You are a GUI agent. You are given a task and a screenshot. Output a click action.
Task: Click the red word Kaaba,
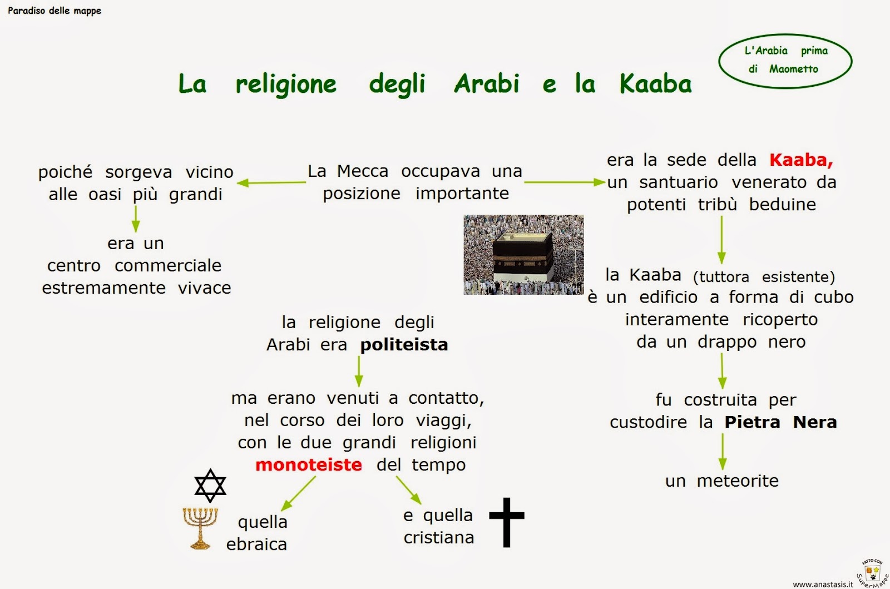click(x=801, y=160)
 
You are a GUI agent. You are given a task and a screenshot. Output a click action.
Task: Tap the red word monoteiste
click(x=309, y=464)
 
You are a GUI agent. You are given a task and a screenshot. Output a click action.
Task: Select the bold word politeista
click(x=404, y=345)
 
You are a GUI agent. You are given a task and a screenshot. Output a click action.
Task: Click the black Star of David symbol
click(x=210, y=486)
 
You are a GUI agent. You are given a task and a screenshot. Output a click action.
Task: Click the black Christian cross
click(x=507, y=522)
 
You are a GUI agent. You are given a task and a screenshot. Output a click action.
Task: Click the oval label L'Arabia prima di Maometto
click(x=785, y=60)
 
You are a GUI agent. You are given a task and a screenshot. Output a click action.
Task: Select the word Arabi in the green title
click(x=487, y=84)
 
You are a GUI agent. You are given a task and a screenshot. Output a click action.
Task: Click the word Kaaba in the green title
click(x=655, y=84)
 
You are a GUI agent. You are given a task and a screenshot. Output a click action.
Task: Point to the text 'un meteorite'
click(x=721, y=481)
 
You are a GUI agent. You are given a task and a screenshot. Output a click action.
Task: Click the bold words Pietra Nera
click(x=780, y=422)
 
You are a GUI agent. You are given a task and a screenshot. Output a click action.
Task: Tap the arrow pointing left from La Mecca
click(x=271, y=182)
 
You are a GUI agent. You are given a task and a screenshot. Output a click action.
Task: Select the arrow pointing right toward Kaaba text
click(x=564, y=182)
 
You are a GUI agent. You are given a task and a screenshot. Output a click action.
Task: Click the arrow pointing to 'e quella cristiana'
click(x=409, y=490)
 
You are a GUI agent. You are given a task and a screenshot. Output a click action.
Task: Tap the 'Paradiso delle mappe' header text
click(x=55, y=11)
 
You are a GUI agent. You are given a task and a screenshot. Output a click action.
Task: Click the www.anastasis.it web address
click(x=823, y=584)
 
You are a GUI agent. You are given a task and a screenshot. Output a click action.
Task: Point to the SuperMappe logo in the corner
click(x=872, y=573)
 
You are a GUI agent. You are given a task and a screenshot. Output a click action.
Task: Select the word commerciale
click(x=168, y=266)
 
